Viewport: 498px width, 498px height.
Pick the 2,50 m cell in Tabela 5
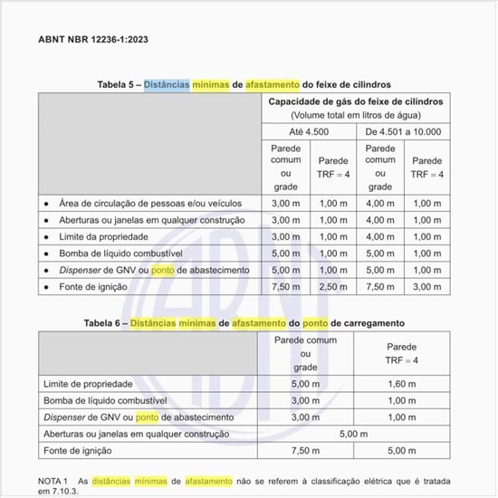point(333,287)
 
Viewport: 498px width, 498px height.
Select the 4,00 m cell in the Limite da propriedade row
point(379,237)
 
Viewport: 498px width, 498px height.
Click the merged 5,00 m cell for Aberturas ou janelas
point(353,434)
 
